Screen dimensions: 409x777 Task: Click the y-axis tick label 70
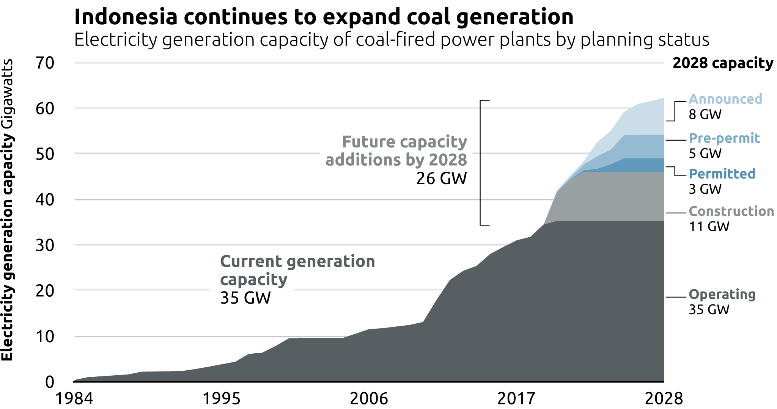click(x=45, y=63)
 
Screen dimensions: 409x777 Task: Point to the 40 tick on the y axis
click(x=45, y=200)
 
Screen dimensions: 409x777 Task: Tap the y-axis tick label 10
click(x=45, y=337)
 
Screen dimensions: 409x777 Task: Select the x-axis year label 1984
click(x=74, y=399)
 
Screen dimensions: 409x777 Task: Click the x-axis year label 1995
click(x=222, y=399)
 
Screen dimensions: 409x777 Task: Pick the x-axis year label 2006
click(x=369, y=399)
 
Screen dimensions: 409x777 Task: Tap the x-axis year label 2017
click(x=516, y=399)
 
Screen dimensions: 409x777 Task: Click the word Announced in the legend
click(x=725, y=99)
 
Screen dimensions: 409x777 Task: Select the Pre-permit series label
click(x=724, y=138)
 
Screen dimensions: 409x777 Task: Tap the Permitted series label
click(x=722, y=174)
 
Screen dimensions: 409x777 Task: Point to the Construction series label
click(x=731, y=211)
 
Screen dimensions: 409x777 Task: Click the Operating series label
click(x=722, y=294)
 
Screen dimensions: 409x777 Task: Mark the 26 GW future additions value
click(x=441, y=179)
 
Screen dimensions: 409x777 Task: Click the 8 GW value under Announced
click(x=705, y=114)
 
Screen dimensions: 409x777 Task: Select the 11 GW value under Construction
click(x=709, y=227)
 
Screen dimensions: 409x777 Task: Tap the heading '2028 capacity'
click(x=723, y=63)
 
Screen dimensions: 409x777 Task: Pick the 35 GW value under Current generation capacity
click(x=245, y=298)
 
